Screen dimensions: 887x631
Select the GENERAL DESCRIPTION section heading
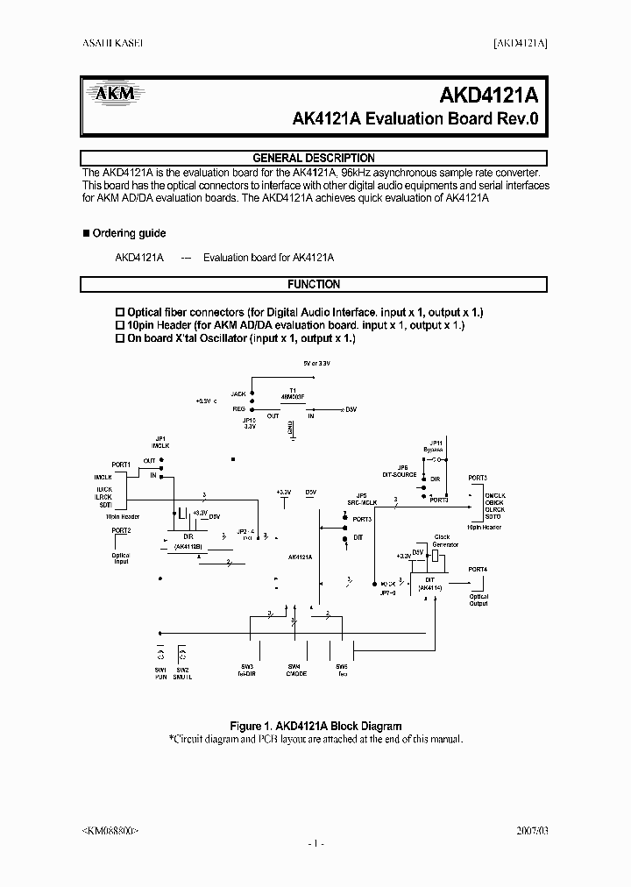(314, 158)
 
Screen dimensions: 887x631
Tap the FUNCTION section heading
(314, 284)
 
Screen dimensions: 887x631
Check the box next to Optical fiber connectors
(121, 313)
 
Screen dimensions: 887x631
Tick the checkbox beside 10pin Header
(121, 325)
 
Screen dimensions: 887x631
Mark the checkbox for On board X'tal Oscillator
(121, 337)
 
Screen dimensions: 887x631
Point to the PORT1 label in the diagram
(121, 464)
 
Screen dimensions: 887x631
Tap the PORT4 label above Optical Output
(478, 569)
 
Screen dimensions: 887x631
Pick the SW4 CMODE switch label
(296, 671)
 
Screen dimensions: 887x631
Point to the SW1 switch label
(160, 670)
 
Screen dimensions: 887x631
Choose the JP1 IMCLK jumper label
(160, 441)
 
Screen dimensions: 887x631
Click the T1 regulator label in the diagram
(292, 391)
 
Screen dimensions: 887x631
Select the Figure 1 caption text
(315, 726)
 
